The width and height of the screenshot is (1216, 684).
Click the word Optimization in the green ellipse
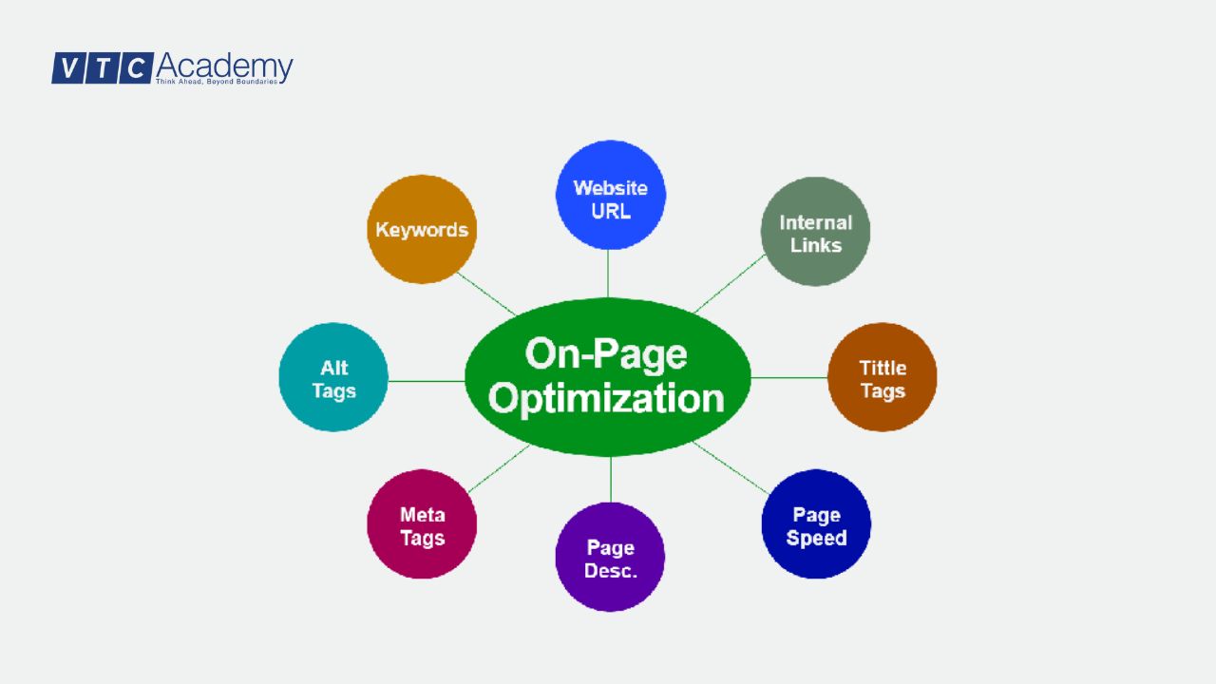pos(606,397)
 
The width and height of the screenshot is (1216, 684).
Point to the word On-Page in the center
pos(606,353)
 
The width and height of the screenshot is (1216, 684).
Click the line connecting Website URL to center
pos(608,274)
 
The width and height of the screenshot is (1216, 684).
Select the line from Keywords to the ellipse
pos(486,293)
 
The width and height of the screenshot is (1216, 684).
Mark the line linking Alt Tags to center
pos(426,381)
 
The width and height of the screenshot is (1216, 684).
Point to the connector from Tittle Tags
pos(788,378)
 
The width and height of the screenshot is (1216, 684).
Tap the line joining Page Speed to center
pos(730,466)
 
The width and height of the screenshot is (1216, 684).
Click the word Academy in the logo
pos(224,66)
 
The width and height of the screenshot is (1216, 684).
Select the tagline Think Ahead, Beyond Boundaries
pos(217,83)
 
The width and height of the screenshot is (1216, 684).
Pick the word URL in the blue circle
pos(610,211)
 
